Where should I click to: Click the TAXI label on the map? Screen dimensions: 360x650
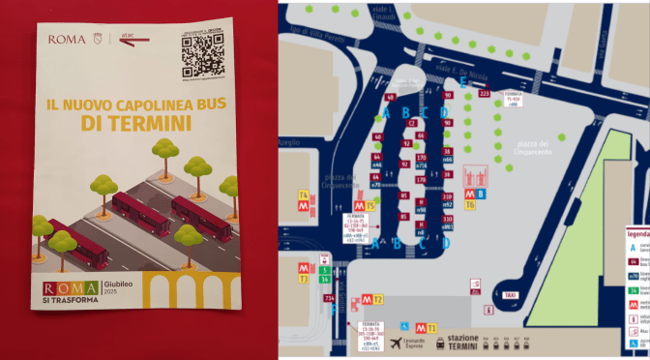[509, 295]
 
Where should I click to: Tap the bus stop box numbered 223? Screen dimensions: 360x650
[485, 94]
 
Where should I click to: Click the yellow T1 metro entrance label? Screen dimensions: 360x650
[432, 329]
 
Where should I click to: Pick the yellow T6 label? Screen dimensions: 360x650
[470, 205]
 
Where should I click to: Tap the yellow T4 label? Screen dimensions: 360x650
[304, 195]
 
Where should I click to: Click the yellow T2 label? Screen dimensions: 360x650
[378, 299]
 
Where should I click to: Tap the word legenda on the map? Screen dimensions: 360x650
[636, 234]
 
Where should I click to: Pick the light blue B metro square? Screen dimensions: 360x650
[482, 194]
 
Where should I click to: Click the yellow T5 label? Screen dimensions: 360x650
[370, 206]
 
